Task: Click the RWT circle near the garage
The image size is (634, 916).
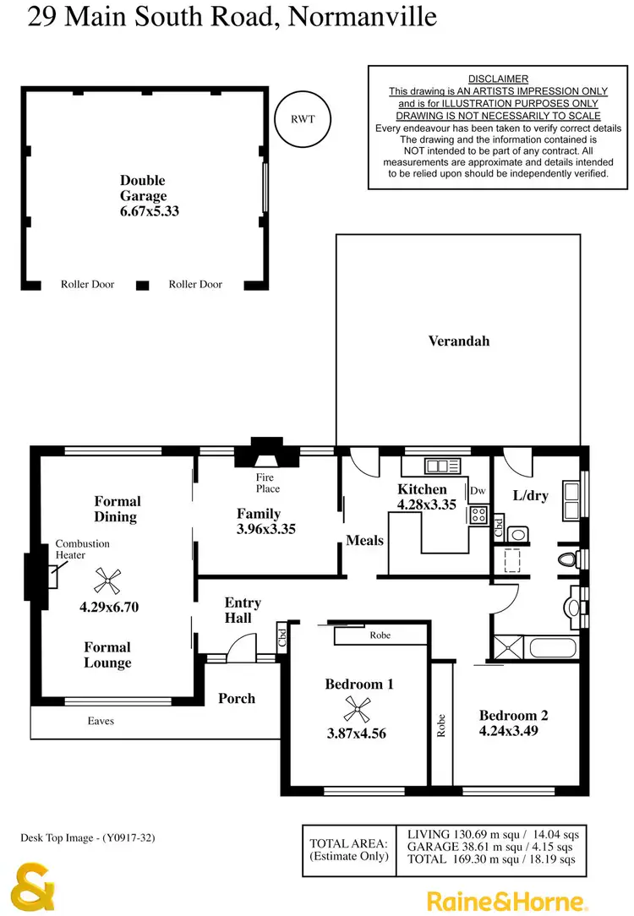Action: (x=303, y=118)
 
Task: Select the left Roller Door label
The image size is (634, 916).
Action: (x=87, y=285)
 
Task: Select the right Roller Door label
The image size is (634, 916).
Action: (x=195, y=285)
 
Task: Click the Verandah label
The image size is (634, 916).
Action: (x=458, y=341)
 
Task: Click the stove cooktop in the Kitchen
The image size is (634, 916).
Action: (x=478, y=515)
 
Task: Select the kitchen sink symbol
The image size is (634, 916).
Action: (x=439, y=465)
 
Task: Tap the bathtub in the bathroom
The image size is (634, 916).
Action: (x=551, y=649)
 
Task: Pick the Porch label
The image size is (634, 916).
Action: (x=237, y=699)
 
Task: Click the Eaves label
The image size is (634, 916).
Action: (x=101, y=722)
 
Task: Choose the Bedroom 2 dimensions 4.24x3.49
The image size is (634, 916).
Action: (x=513, y=730)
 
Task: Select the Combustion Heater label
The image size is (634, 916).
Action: (x=82, y=549)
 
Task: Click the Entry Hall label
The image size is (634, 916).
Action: (x=243, y=610)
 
